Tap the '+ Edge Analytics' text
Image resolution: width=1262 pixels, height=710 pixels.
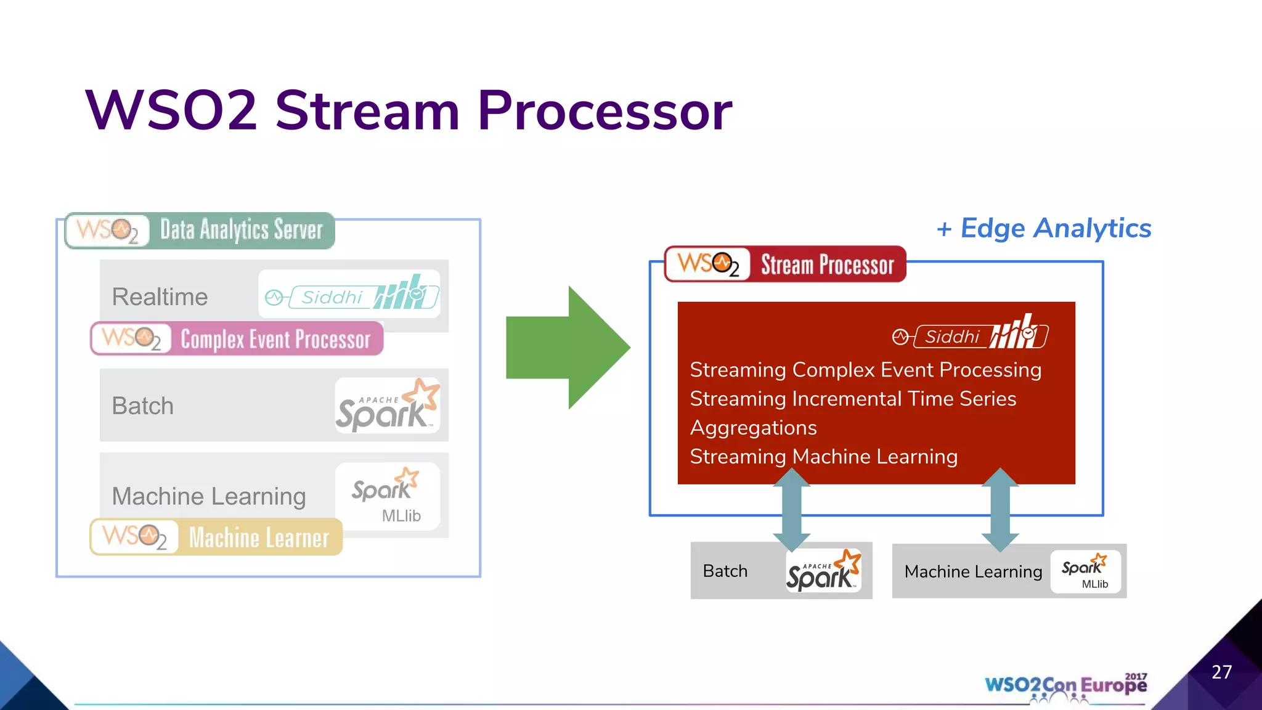tap(1044, 229)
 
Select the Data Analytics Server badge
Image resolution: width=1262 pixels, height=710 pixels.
tap(200, 231)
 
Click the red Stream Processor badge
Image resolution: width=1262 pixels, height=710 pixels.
tap(784, 264)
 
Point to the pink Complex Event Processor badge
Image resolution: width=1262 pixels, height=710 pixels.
tap(237, 338)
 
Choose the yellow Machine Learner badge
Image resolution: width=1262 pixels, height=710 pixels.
tap(216, 537)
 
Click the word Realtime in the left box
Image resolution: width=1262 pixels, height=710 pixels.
tap(160, 297)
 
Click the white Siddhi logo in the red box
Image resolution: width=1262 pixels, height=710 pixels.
tap(970, 333)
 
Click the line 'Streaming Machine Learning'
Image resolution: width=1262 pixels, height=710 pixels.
tap(823, 457)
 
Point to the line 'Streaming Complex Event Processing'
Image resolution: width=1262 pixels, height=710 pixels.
tap(865, 370)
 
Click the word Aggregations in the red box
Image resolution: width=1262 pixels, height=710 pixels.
tap(753, 428)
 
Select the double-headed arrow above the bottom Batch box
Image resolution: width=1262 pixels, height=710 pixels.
tap(791, 509)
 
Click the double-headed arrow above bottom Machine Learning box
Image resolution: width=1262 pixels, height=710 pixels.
tap(999, 509)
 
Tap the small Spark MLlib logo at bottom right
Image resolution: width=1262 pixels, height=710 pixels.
tap(1085, 573)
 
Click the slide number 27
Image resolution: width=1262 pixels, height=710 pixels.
tap(1221, 672)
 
